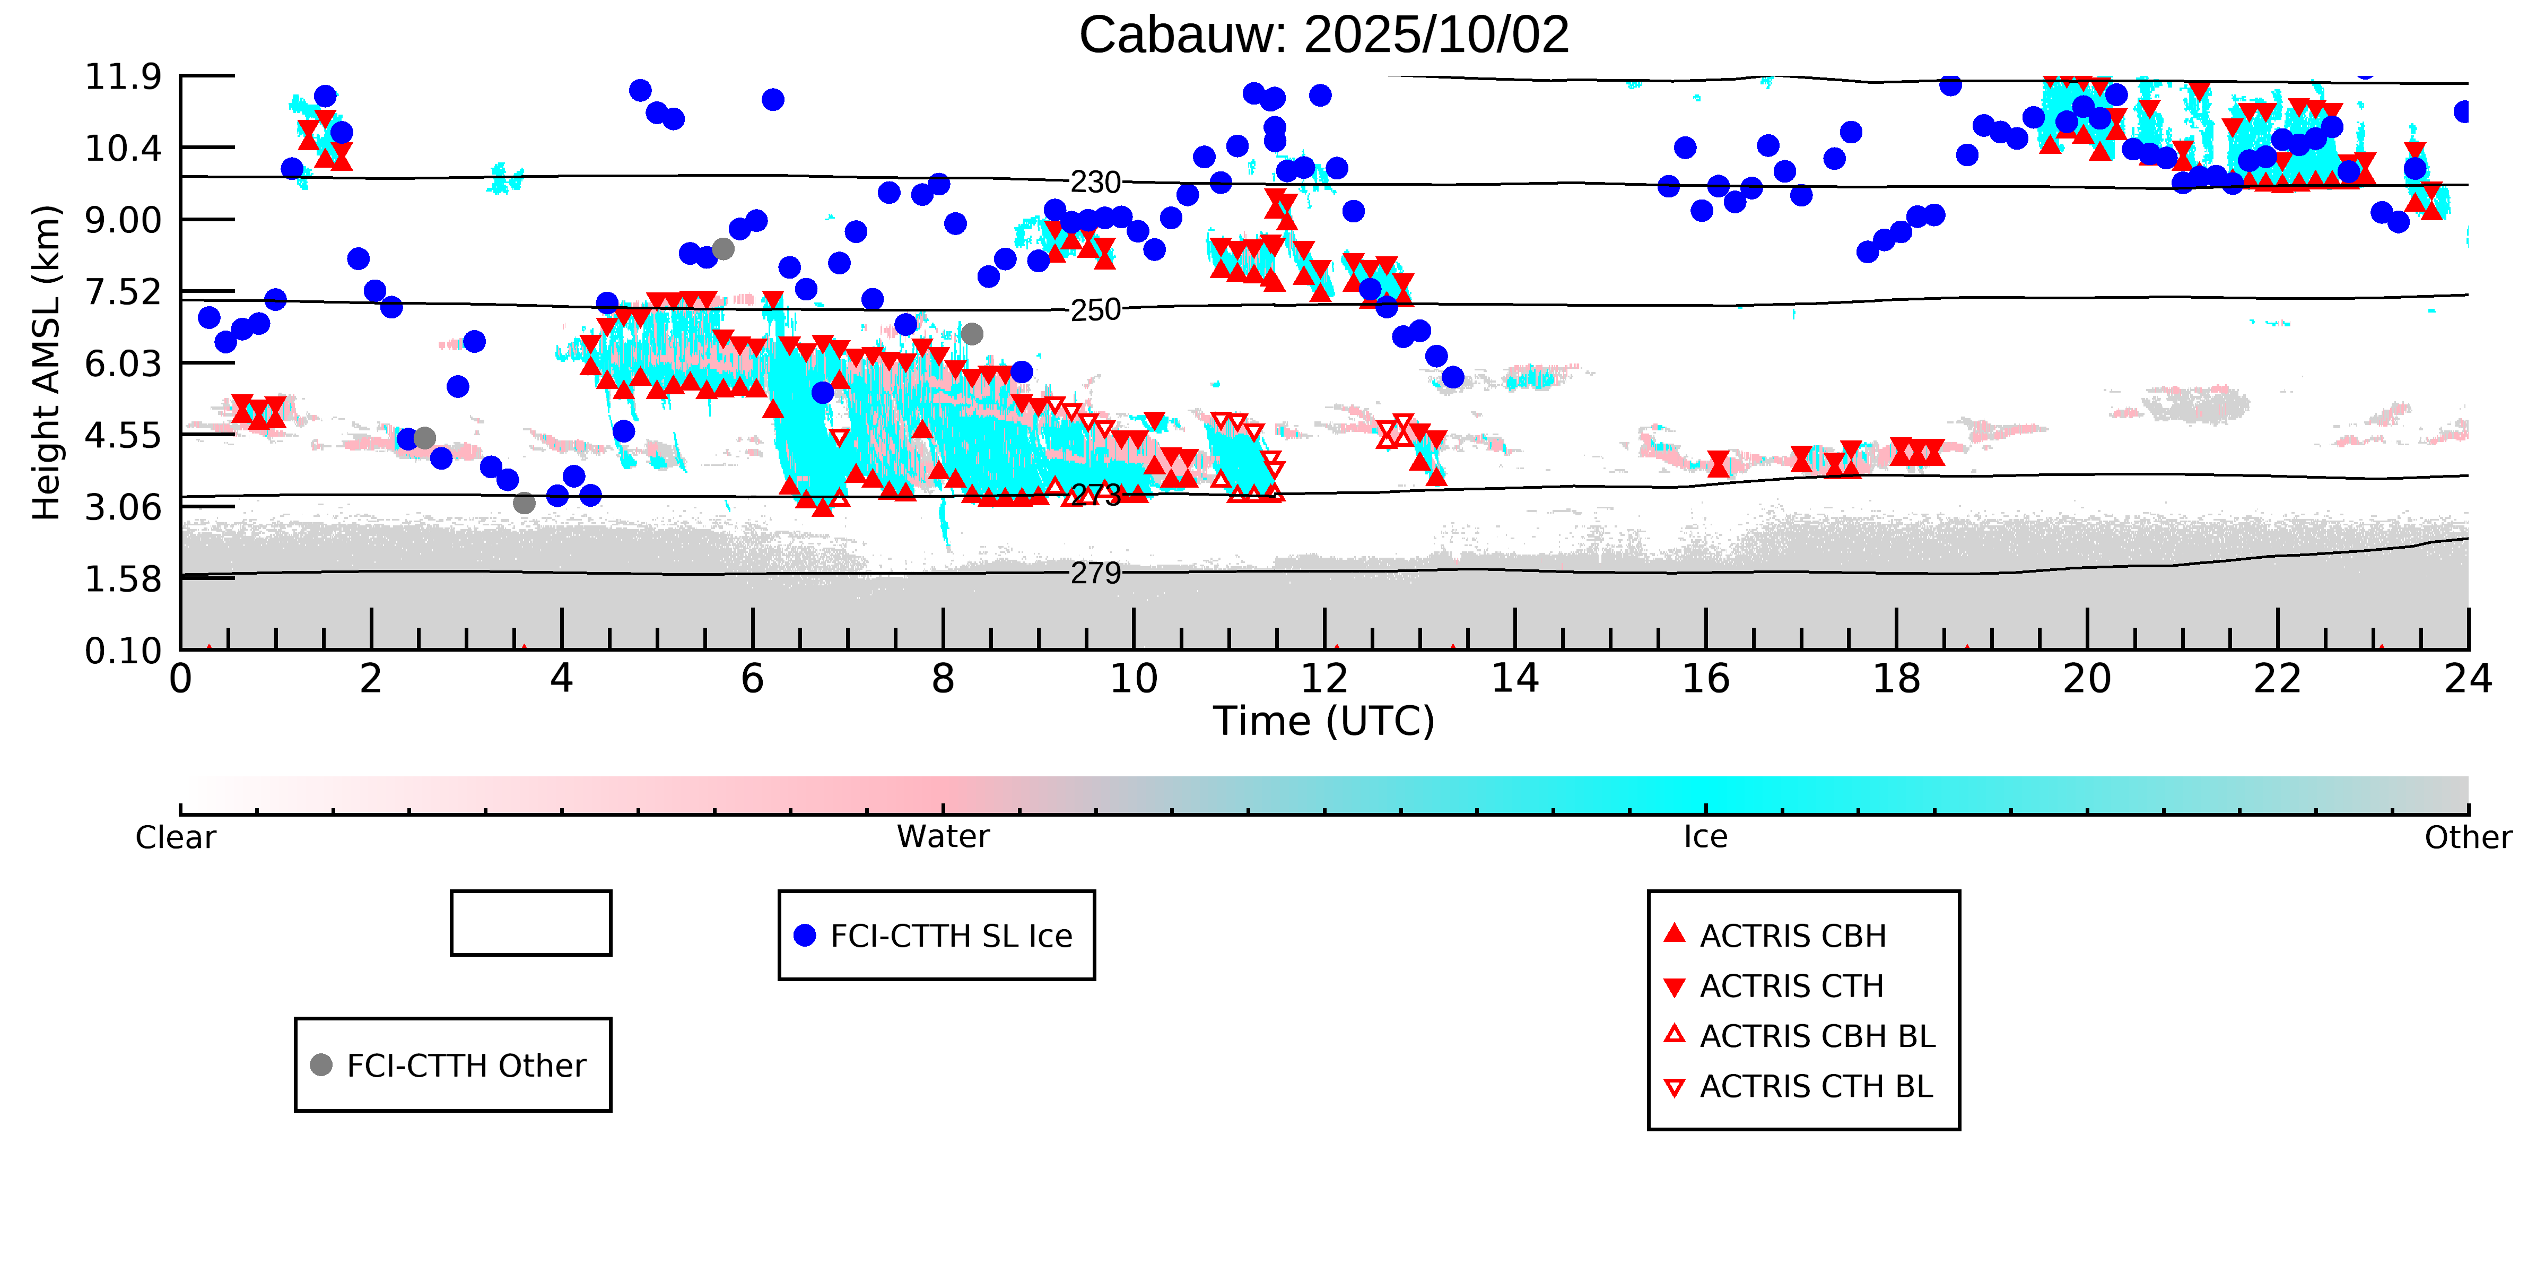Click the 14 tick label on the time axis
(1514, 679)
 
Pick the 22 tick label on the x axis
(2277, 679)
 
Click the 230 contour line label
(1096, 183)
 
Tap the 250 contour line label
(1096, 310)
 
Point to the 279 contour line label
(1096, 573)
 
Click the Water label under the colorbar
(943, 837)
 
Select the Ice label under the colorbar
(1705, 837)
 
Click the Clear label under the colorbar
(176, 837)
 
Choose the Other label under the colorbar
(2467, 837)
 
